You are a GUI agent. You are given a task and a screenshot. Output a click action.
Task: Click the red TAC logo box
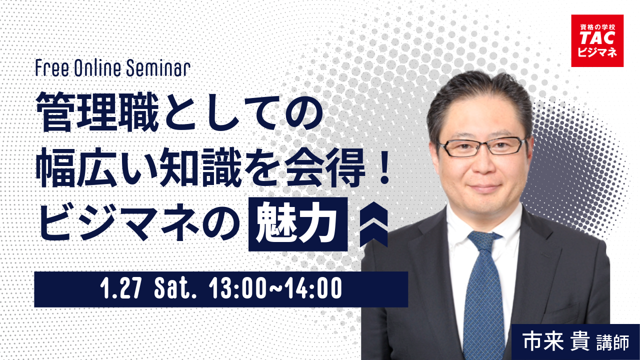point(597,40)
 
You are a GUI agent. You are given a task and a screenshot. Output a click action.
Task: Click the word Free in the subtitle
point(52,68)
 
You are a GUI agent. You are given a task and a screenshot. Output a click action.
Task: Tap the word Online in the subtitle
point(97,68)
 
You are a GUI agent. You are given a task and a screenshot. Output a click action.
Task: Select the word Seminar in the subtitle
point(158,68)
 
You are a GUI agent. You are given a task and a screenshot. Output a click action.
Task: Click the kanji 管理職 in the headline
point(97,112)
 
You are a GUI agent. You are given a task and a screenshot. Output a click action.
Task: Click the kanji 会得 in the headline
point(325,167)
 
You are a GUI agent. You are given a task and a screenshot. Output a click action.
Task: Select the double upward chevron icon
point(373,224)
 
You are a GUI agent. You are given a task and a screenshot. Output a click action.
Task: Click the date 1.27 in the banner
point(121,289)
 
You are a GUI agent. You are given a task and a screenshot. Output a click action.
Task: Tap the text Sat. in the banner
point(175,289)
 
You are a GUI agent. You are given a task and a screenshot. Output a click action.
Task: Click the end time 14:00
point(315,289)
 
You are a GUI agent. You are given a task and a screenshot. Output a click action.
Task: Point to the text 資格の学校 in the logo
point(597,27)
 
